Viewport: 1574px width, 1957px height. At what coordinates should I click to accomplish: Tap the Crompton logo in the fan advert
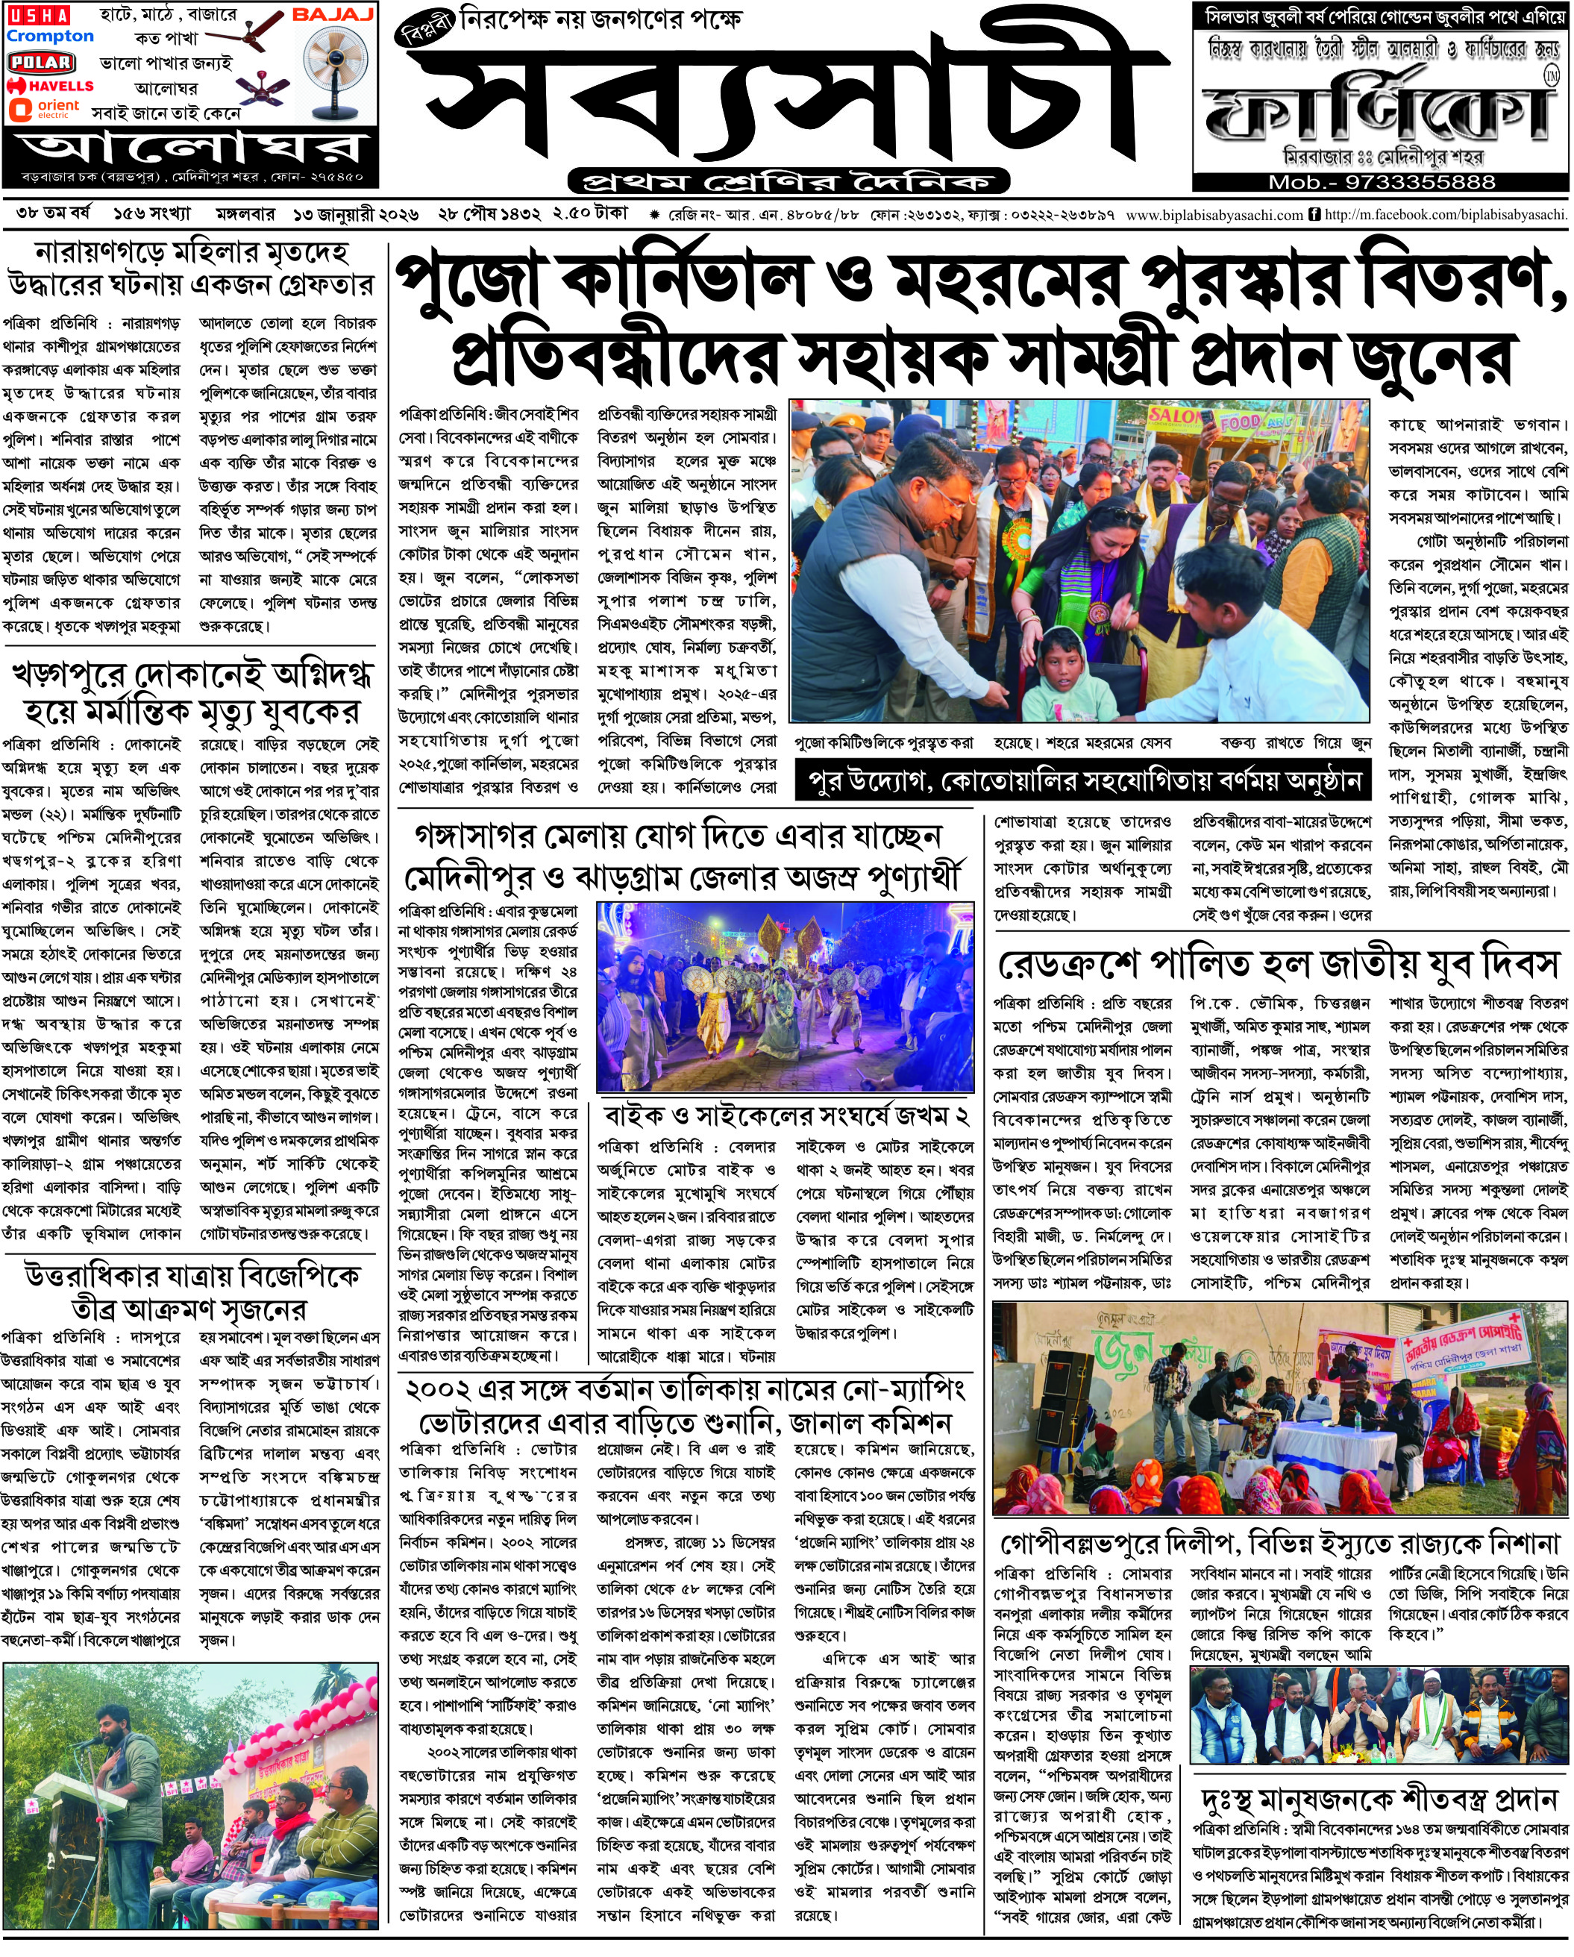pyautogui.click(x=50, y=37)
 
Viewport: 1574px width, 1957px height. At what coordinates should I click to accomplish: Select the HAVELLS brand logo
pyautogui.click(x=50, y=85)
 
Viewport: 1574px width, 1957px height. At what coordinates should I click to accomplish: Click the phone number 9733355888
pyautogui.click(x=1382, y=181)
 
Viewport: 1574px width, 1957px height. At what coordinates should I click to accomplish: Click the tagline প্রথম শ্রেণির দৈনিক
pyautogui.click(x=788, y=181)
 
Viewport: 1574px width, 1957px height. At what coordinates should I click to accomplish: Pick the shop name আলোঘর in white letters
pyautogui.click(x=191, y=148)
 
